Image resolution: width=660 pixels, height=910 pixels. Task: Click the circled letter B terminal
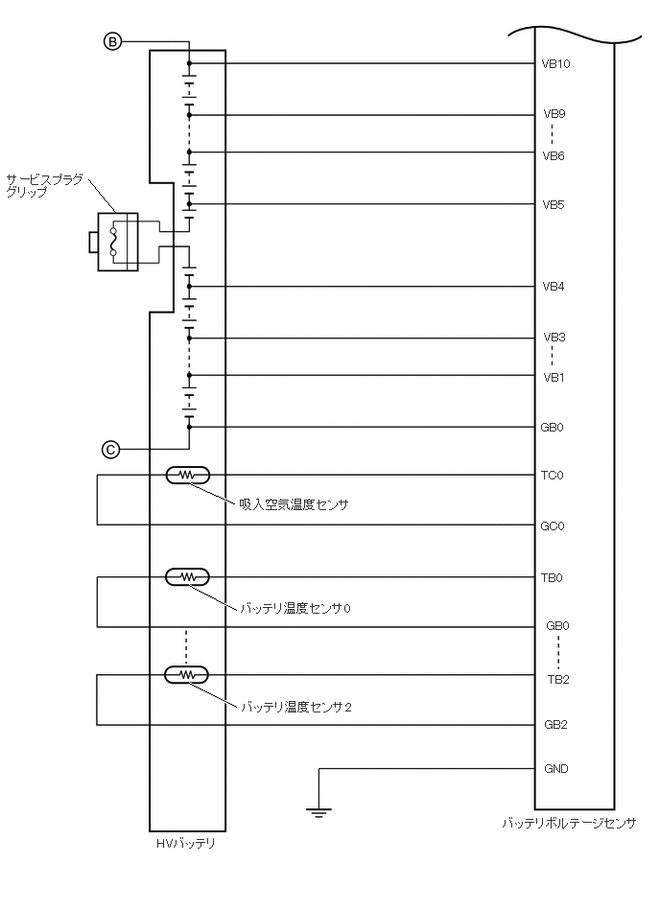click(x=112, y=41)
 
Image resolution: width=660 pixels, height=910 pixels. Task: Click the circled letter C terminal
click(x=111, y=448)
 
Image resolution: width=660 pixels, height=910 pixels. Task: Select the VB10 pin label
click(x=556, y=64)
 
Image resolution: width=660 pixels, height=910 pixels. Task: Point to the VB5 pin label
click(x=554, y=204)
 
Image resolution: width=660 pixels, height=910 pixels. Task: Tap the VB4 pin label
click(x=554, y=286)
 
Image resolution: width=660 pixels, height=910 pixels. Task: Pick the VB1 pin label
click(x=554, y=377)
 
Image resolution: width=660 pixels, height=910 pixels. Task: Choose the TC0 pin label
click(x=554, y=476)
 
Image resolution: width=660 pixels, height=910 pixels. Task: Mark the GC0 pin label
click(x=554, y=525)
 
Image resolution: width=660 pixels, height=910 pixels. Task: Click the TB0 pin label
click(x=554, y=577)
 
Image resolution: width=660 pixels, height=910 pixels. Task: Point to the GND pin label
click(x=555, y=768)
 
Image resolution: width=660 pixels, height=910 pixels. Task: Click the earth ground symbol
click(x=318, y=813)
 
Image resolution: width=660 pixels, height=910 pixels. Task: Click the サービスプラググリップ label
click(x=44, y=185)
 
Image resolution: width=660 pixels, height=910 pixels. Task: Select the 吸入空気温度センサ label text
click(x=294, y=503)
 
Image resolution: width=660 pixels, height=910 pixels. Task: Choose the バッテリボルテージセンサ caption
click(x=568, y=823)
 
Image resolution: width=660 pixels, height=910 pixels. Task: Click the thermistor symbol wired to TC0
click(x=188, y=475)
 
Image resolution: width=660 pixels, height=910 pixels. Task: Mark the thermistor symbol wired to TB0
click(x=188, y=576)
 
